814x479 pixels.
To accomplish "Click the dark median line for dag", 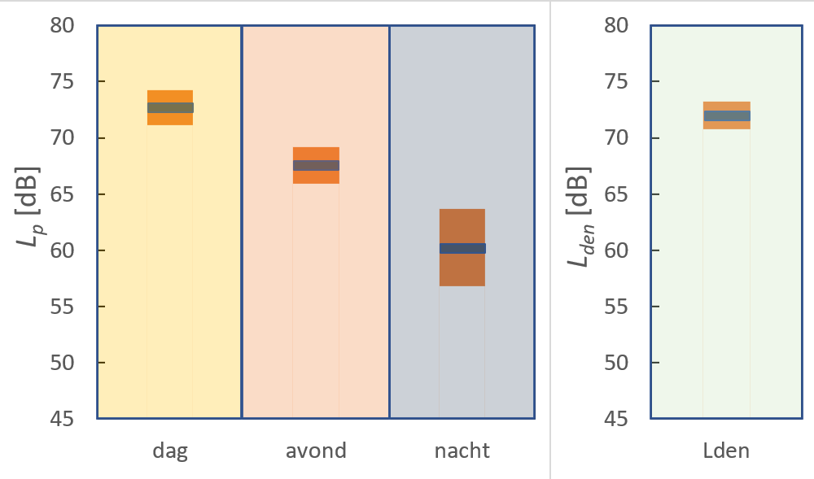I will click(x=170, y=107).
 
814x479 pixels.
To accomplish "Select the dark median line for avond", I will click(x=316, y=165).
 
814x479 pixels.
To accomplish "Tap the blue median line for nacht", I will click(x=462, y=248).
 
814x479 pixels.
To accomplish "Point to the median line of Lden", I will click(x=727, y=115).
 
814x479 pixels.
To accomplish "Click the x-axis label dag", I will click(x=170, y=451).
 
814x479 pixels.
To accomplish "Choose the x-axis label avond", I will click(x=316, y=451).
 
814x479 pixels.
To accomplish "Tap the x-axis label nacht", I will click(x=462, y=451).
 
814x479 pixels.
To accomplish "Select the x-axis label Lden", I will click(x=726, y=451).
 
